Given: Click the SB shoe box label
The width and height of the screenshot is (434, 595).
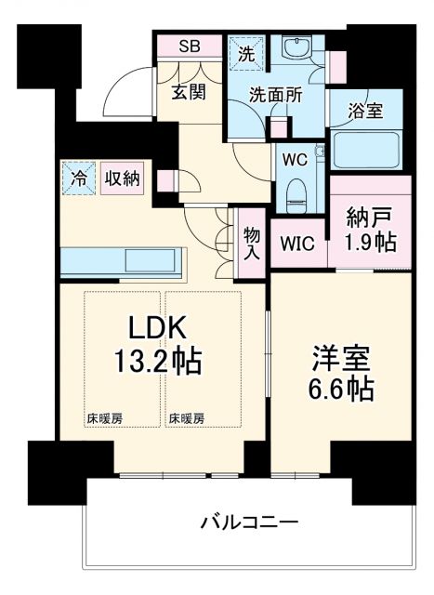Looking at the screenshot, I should coord(189,46).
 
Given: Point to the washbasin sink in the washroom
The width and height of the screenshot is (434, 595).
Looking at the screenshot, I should coord(300,51).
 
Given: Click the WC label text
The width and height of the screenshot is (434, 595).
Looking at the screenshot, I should coord(296,158).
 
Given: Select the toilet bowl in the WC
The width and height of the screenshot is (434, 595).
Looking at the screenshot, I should coord(296,193).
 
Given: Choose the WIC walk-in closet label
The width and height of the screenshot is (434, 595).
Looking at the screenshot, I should coord(298,245).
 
